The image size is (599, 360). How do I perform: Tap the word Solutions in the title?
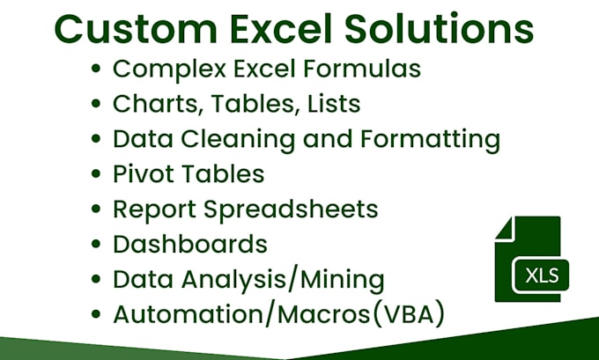[440, 28]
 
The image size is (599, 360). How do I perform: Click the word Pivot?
[141, 173]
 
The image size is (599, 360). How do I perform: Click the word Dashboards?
[189, 244]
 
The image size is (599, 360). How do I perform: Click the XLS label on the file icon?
[542, 276]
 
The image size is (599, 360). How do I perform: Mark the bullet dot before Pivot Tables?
[96, 174]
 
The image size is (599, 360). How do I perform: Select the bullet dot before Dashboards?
[96, 245]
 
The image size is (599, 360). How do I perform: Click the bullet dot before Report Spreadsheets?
[96, 209]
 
